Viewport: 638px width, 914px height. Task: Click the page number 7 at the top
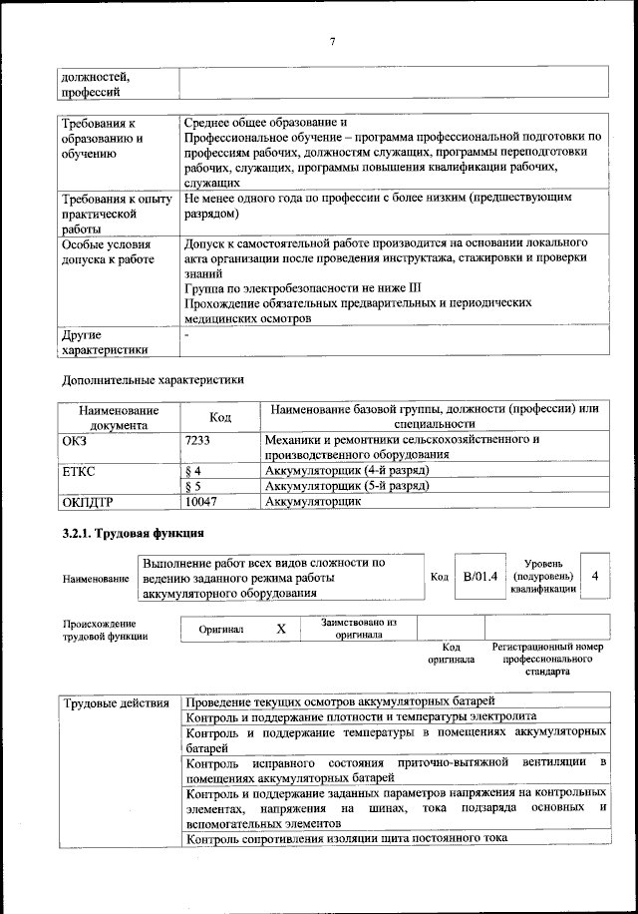[332, 39]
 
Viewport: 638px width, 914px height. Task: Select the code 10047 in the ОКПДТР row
[201, 502]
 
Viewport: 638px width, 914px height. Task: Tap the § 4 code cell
[194, 470]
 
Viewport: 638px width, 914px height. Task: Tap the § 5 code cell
[194, 486]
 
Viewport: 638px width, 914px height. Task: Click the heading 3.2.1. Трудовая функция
[134, 533]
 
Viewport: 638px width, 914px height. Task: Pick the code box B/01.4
[480, 577]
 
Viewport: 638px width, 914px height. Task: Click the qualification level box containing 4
[595, 577]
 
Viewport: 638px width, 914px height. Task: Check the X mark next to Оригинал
[280, 629]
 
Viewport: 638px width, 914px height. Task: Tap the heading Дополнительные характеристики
[153, 379]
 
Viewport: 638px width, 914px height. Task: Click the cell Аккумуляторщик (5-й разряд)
[347, 486]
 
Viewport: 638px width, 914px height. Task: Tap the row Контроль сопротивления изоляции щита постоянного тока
[346, 838]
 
